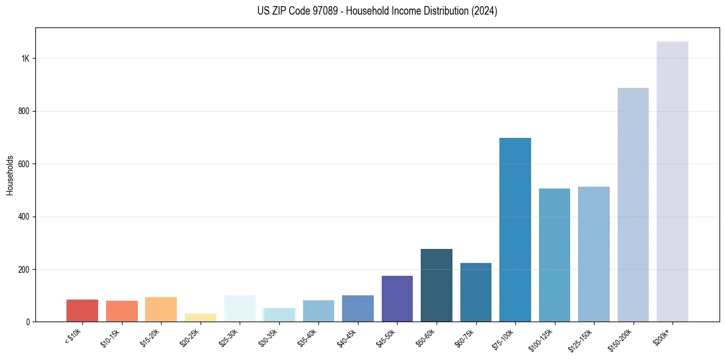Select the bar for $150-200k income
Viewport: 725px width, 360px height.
(633, 204)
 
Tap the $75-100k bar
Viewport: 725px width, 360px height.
(515, 229)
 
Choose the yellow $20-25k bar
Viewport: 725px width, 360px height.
(200, 317)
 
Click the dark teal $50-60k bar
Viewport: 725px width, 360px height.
(436, 285)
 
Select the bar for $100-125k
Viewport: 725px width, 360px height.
(554, 254)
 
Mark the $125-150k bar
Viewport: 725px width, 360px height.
(593, 254)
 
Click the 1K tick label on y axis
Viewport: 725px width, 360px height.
(26, 59)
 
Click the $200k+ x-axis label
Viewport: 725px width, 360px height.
(662, 336)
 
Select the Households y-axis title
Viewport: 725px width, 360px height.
(10, 175)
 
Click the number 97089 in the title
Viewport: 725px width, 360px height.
(316, 11)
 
